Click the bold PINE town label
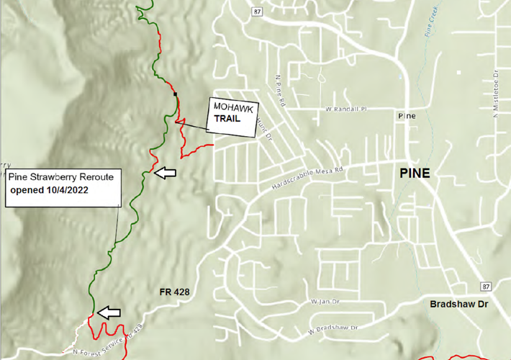point(412,173)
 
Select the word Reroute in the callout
point(97,176)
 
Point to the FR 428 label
point(175,292)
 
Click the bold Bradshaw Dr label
point(459,305)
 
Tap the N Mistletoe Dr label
point(496,93)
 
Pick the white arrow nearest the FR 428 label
point(109,312)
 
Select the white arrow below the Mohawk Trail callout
point(166,172)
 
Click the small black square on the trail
point(175,94)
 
